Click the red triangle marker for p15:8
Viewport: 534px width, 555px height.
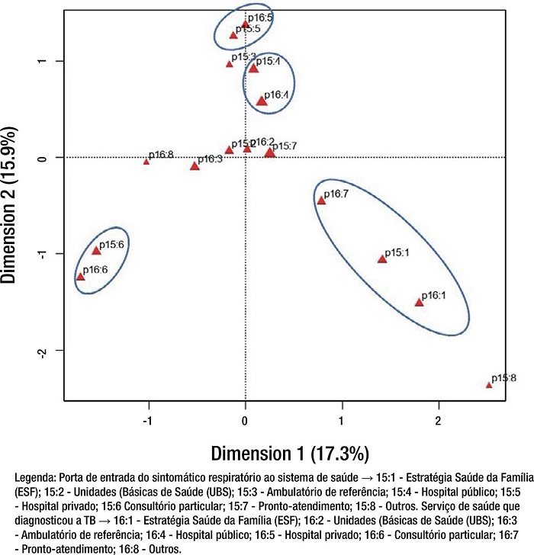489,385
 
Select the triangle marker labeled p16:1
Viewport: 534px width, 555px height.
419,303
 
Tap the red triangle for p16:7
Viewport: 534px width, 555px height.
321,201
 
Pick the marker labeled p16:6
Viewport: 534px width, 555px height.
80,277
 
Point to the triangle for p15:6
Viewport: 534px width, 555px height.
96,250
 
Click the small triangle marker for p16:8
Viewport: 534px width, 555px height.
146,162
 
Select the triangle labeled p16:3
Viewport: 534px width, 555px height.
195,165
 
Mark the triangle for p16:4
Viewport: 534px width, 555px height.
262,101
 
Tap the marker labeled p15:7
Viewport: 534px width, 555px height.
269,153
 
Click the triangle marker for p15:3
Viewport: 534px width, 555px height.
229,64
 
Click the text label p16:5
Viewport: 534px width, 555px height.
259,17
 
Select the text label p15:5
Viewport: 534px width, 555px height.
248,28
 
